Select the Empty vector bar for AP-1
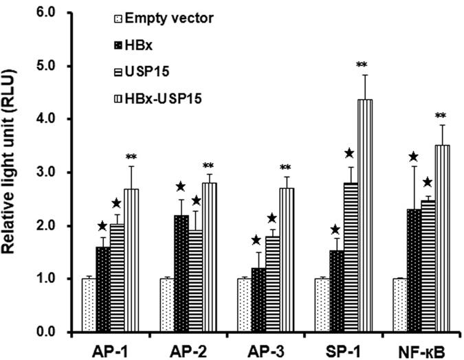(x=88, y=306)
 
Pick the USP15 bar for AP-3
(x=272, y=284)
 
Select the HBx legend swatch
(x=119, y=45)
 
